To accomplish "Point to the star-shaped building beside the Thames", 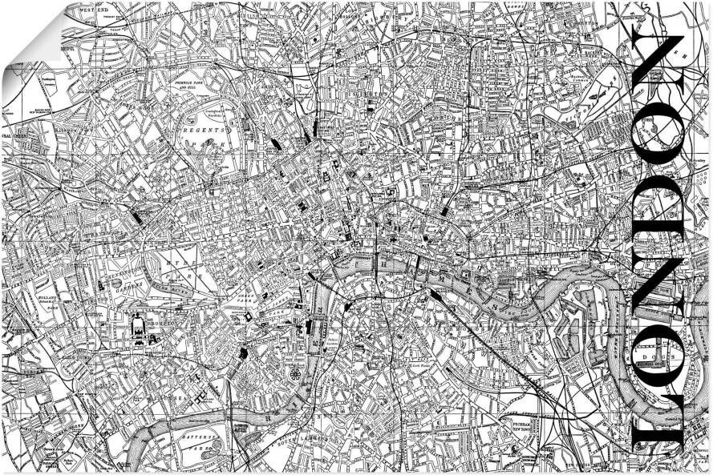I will [x=296, y=374].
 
